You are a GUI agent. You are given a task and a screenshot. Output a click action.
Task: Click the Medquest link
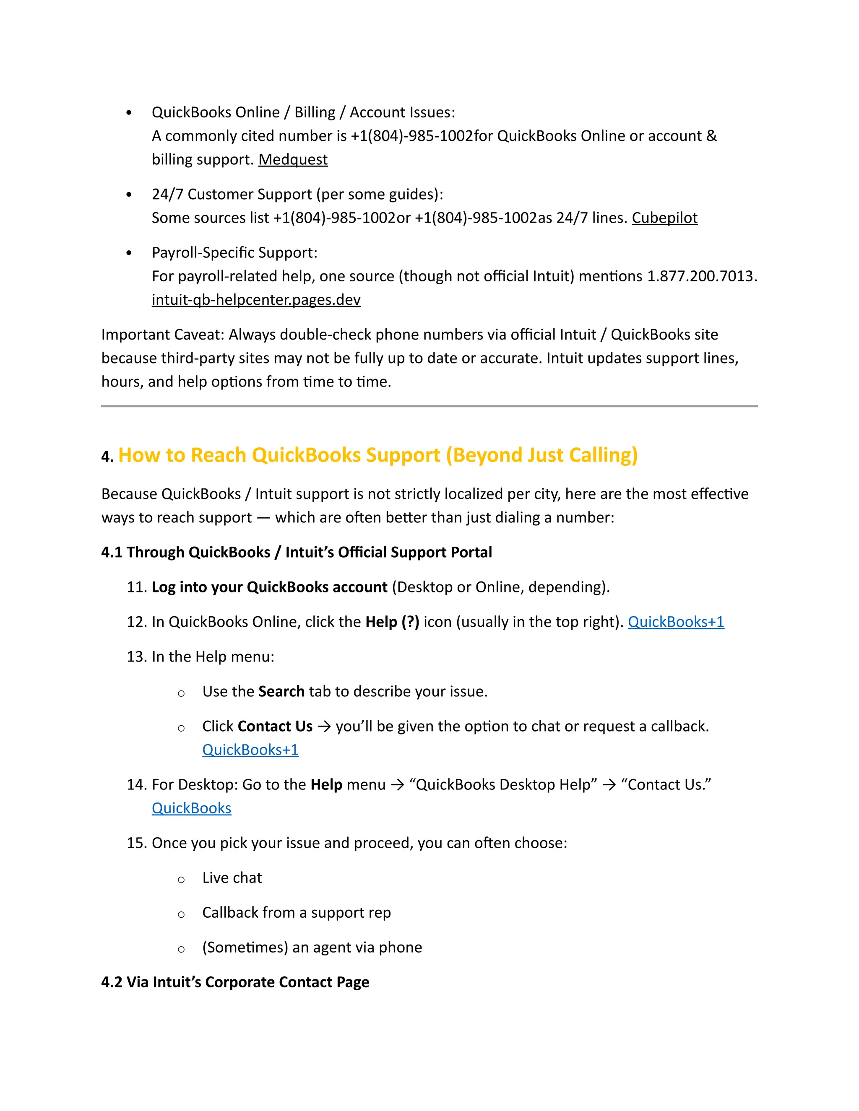coord(293,160)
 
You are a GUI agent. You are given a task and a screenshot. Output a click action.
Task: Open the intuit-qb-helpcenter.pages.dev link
coord(256,300)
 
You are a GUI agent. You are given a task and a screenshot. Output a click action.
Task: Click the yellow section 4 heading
coord(377,455)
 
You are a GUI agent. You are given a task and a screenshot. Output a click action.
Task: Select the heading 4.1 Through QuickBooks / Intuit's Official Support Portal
coord(296,553)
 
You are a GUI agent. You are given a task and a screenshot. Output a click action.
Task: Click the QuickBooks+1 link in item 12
coord(675,622)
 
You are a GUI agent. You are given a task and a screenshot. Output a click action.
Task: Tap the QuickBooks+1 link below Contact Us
coord(250,750)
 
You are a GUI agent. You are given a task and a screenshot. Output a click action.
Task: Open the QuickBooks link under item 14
coord(191,808)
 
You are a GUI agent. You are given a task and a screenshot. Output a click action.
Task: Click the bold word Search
coord(281,692)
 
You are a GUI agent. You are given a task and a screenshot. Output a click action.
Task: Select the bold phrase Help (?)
coord(392,622)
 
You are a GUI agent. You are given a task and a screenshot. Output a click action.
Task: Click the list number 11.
coord(136,587)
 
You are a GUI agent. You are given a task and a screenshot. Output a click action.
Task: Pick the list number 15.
coord(136,844)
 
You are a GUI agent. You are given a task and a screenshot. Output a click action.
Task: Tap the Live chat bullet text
coord(232,878)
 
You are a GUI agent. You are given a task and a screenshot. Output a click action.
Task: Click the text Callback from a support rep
coord(296,913)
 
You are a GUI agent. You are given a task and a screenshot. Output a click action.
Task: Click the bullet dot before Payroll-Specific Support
coord(129,253)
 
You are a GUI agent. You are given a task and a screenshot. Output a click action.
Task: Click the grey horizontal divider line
coord(429,406)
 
